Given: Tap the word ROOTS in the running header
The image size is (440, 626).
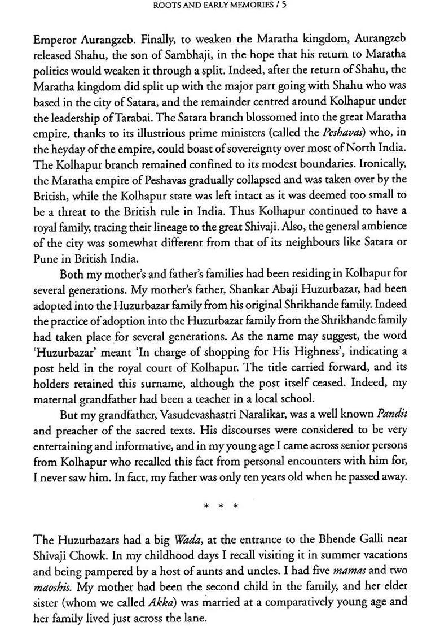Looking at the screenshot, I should [x=168, y=6].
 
